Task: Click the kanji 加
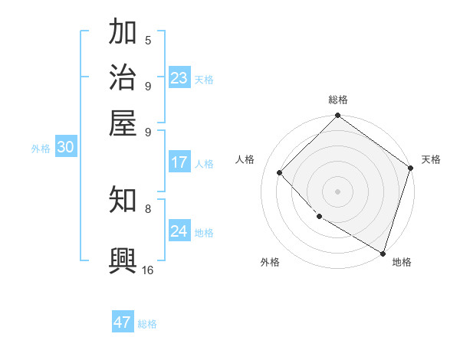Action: coord(123,34)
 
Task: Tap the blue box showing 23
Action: coord(179,78)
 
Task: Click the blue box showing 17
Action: coord(179,162)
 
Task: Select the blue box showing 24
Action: coord(179,231)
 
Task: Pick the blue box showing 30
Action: coord(65,148)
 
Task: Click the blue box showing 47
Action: coord(123,322)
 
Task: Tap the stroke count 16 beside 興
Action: coord(147,270)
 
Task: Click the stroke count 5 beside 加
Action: coord(148,41)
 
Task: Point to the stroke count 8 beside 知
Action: coord(148,208)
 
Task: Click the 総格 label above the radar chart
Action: coord(338,100)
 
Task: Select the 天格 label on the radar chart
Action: coord(431,159)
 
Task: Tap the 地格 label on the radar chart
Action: coord(402,262)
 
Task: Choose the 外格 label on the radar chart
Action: coord(270,262)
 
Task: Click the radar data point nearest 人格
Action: coord(280,172)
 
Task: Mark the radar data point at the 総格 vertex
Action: coord(338,116)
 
